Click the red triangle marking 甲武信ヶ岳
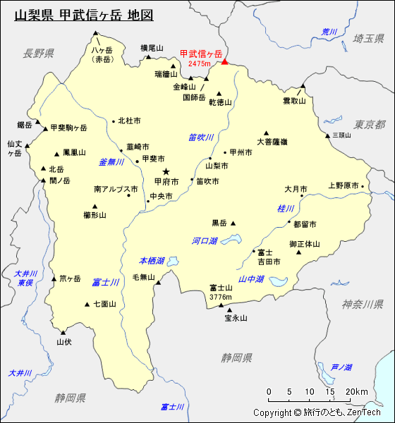pos(225,61)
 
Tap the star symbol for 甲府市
pos(166,171)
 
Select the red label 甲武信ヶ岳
pos(201,54)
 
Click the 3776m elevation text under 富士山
pos(220,298)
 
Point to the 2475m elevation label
pos(200,64)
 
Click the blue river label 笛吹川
pos(201,137)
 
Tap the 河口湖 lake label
pos(205,241)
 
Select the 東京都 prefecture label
pos(370,125)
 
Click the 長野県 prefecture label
pos(38,54)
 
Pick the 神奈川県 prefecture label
pos(363,304)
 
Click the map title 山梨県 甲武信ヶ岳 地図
pos(83,15)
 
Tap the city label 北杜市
pos(129,121)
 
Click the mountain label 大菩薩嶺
pos(272,142)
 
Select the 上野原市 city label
pos(344,186)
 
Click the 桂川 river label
pos(286,209)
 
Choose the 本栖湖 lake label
pos(152,261)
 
